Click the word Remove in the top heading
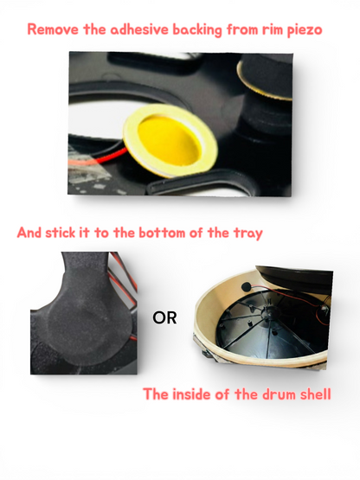click(x=54, y=29)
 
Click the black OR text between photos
click(x=164, y=318)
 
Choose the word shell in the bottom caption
click(x=316, y=394)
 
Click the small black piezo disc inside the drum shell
click(x=246, y=286)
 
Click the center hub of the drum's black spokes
click(x=266, y=313)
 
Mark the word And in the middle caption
click(x=29, y=233)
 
